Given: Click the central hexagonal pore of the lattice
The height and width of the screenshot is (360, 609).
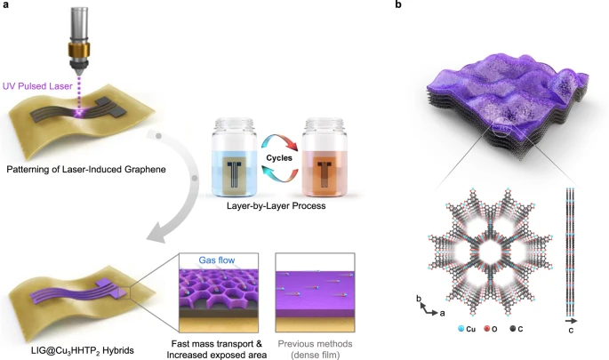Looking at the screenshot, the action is pyautogui.click(x=488, y=260).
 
